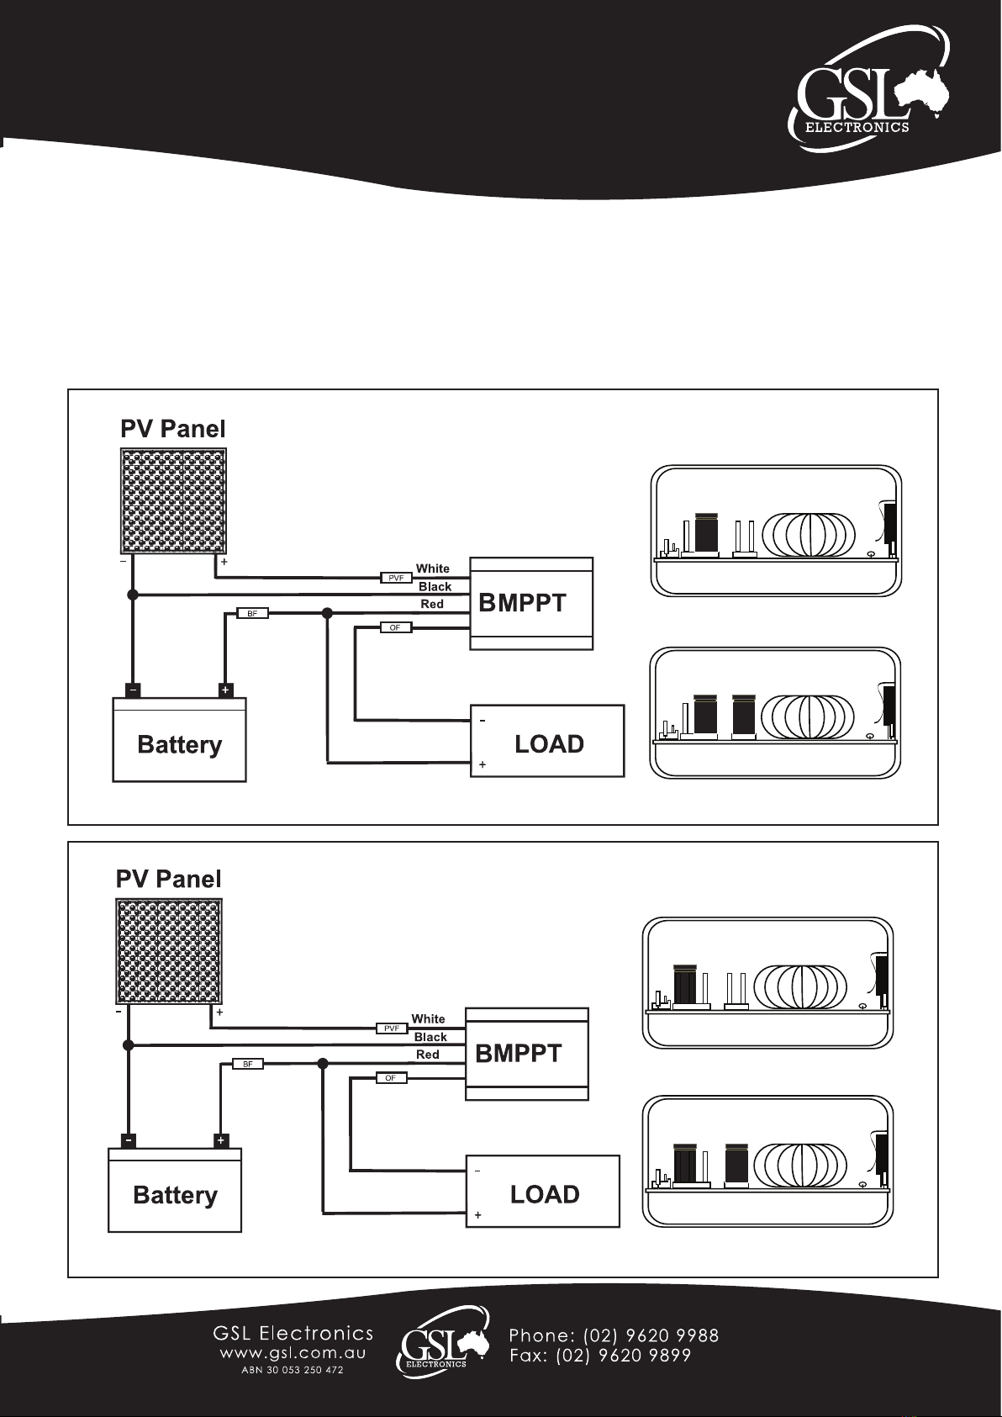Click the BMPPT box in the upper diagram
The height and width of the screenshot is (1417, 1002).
531,604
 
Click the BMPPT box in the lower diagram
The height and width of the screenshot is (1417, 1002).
526,1054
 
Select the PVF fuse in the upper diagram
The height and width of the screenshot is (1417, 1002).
396,578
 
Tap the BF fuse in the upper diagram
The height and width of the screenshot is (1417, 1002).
252,613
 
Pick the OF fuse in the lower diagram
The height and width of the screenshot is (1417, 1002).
391,1078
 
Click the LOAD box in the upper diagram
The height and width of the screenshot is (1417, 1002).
547,741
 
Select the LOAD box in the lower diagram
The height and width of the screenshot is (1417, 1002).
542,1191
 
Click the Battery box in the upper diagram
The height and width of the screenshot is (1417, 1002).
180,739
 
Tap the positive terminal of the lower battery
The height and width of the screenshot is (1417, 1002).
220,1140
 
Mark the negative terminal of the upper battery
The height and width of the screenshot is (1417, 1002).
133,690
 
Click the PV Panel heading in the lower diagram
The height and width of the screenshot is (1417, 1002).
168,880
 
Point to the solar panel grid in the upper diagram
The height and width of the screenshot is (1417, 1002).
173,501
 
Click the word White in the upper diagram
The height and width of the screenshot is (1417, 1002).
432,568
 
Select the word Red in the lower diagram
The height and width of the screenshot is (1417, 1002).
427,1055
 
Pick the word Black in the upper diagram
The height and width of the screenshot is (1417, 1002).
435,586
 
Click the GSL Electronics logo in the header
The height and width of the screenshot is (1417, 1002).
868,88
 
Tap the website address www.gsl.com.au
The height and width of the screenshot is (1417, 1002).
293,1353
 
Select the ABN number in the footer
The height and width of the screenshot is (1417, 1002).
292,1370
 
